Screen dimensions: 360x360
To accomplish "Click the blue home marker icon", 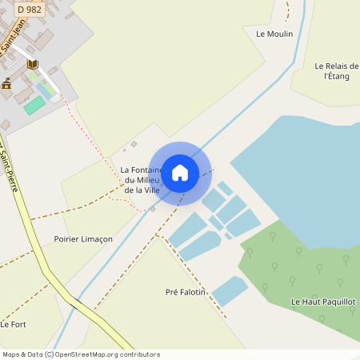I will coord(180,172).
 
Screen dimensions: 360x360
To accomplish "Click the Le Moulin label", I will coord(274,34).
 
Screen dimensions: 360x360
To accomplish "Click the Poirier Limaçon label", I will coord(83,239).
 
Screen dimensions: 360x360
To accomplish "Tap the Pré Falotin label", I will coord(185,293).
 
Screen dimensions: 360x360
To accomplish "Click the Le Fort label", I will coord(14,324).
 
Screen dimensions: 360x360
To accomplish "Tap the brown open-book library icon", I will coord(32,64).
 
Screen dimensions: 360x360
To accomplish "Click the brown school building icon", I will coord(6,83).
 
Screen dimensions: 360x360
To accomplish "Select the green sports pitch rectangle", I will coord(34,105).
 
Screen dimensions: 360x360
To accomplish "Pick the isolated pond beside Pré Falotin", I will coord(230,290).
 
